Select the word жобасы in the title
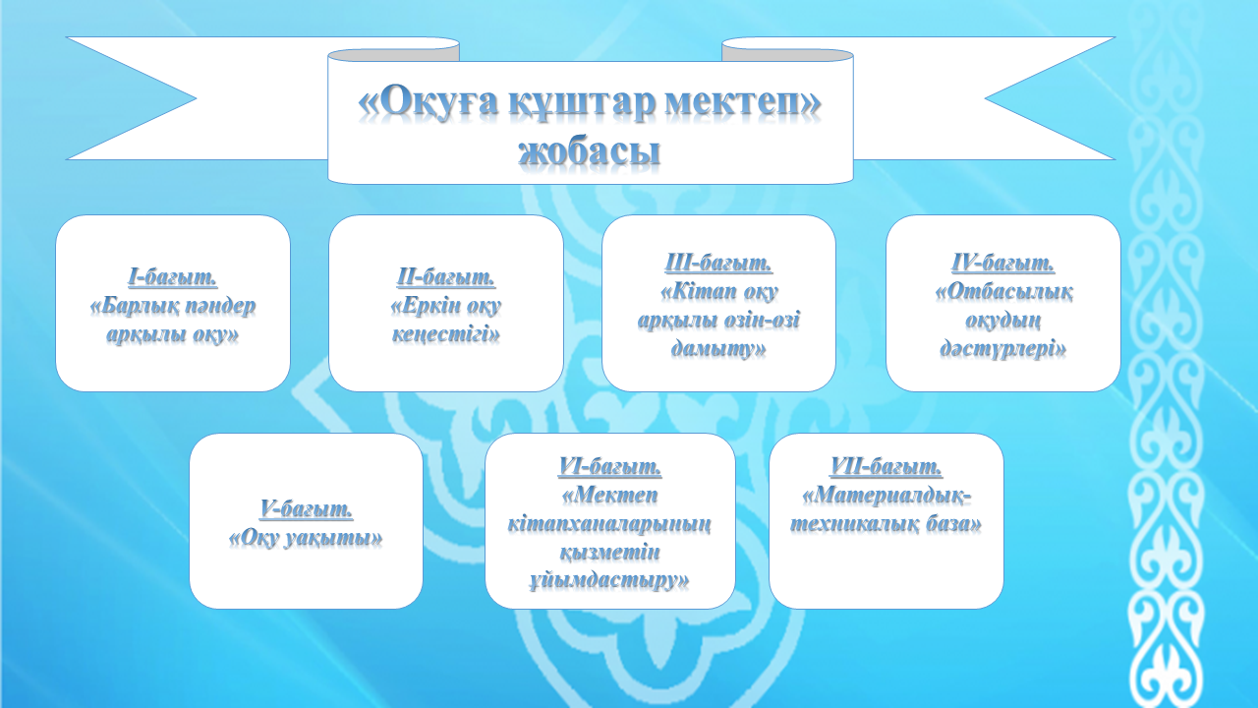click(x=589, y=152)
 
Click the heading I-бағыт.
click(x=172, y=277)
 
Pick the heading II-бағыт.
click(x=446, y=277)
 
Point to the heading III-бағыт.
click(x=718, y=263)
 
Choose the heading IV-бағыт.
click(x=1003, y=263)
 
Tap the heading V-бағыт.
click(x=306, y=508)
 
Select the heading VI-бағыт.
click(x=610, y=466)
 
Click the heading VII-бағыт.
click(x=886, y=466)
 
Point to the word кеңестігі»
click(x=446, y=335)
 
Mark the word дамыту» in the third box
click(x=718, y=349)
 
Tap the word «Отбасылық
click(x=1003, y=292)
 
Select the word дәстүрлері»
click(x=1003, y=349)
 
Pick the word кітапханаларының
click(x=610, y=524)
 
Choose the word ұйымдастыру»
click(x=610, y=581)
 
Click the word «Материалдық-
click(x=887, y=496)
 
